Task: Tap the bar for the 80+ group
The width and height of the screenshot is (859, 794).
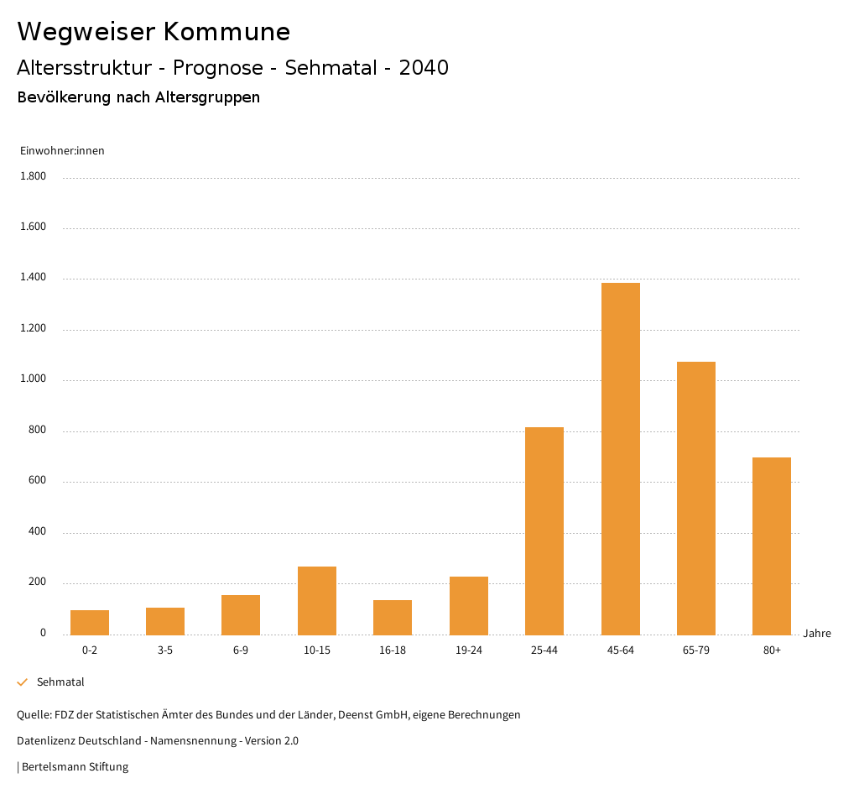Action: point(772,546)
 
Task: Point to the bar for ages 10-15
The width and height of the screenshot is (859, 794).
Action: point(317,600)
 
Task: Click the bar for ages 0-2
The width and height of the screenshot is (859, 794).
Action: point(90,622)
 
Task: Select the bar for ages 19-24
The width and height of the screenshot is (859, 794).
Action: point(469,605)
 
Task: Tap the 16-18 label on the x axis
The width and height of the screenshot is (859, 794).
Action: point(393,650)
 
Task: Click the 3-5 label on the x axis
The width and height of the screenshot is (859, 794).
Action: point(165,650)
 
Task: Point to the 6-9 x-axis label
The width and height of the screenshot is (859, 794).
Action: point(241,650)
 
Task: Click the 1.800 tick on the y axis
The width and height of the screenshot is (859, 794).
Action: point(33,176)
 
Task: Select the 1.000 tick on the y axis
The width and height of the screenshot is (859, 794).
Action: point(33,379)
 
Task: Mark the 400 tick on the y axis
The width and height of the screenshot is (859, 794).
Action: point(37,532)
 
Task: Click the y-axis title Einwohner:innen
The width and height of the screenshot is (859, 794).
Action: point(62,151)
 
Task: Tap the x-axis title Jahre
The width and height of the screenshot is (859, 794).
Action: point(816,634)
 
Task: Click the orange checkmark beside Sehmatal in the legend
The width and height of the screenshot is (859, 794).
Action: point(23,682)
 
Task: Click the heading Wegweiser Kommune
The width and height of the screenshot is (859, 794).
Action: point(154,32)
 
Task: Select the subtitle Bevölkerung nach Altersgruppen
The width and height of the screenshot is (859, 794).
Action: point(138,97)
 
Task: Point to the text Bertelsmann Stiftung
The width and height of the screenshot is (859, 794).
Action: point(75,767)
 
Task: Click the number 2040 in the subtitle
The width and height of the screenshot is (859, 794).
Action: point(424,68)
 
